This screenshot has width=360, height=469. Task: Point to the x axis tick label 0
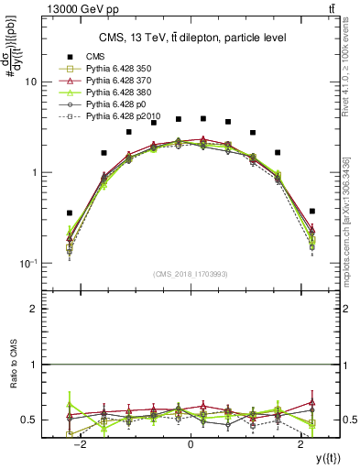click(190, 444)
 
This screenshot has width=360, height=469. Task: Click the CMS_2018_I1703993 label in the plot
click(191, 274)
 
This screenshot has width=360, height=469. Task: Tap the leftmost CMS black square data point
click(70, 213)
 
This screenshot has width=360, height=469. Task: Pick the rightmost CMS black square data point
click(312, 211)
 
